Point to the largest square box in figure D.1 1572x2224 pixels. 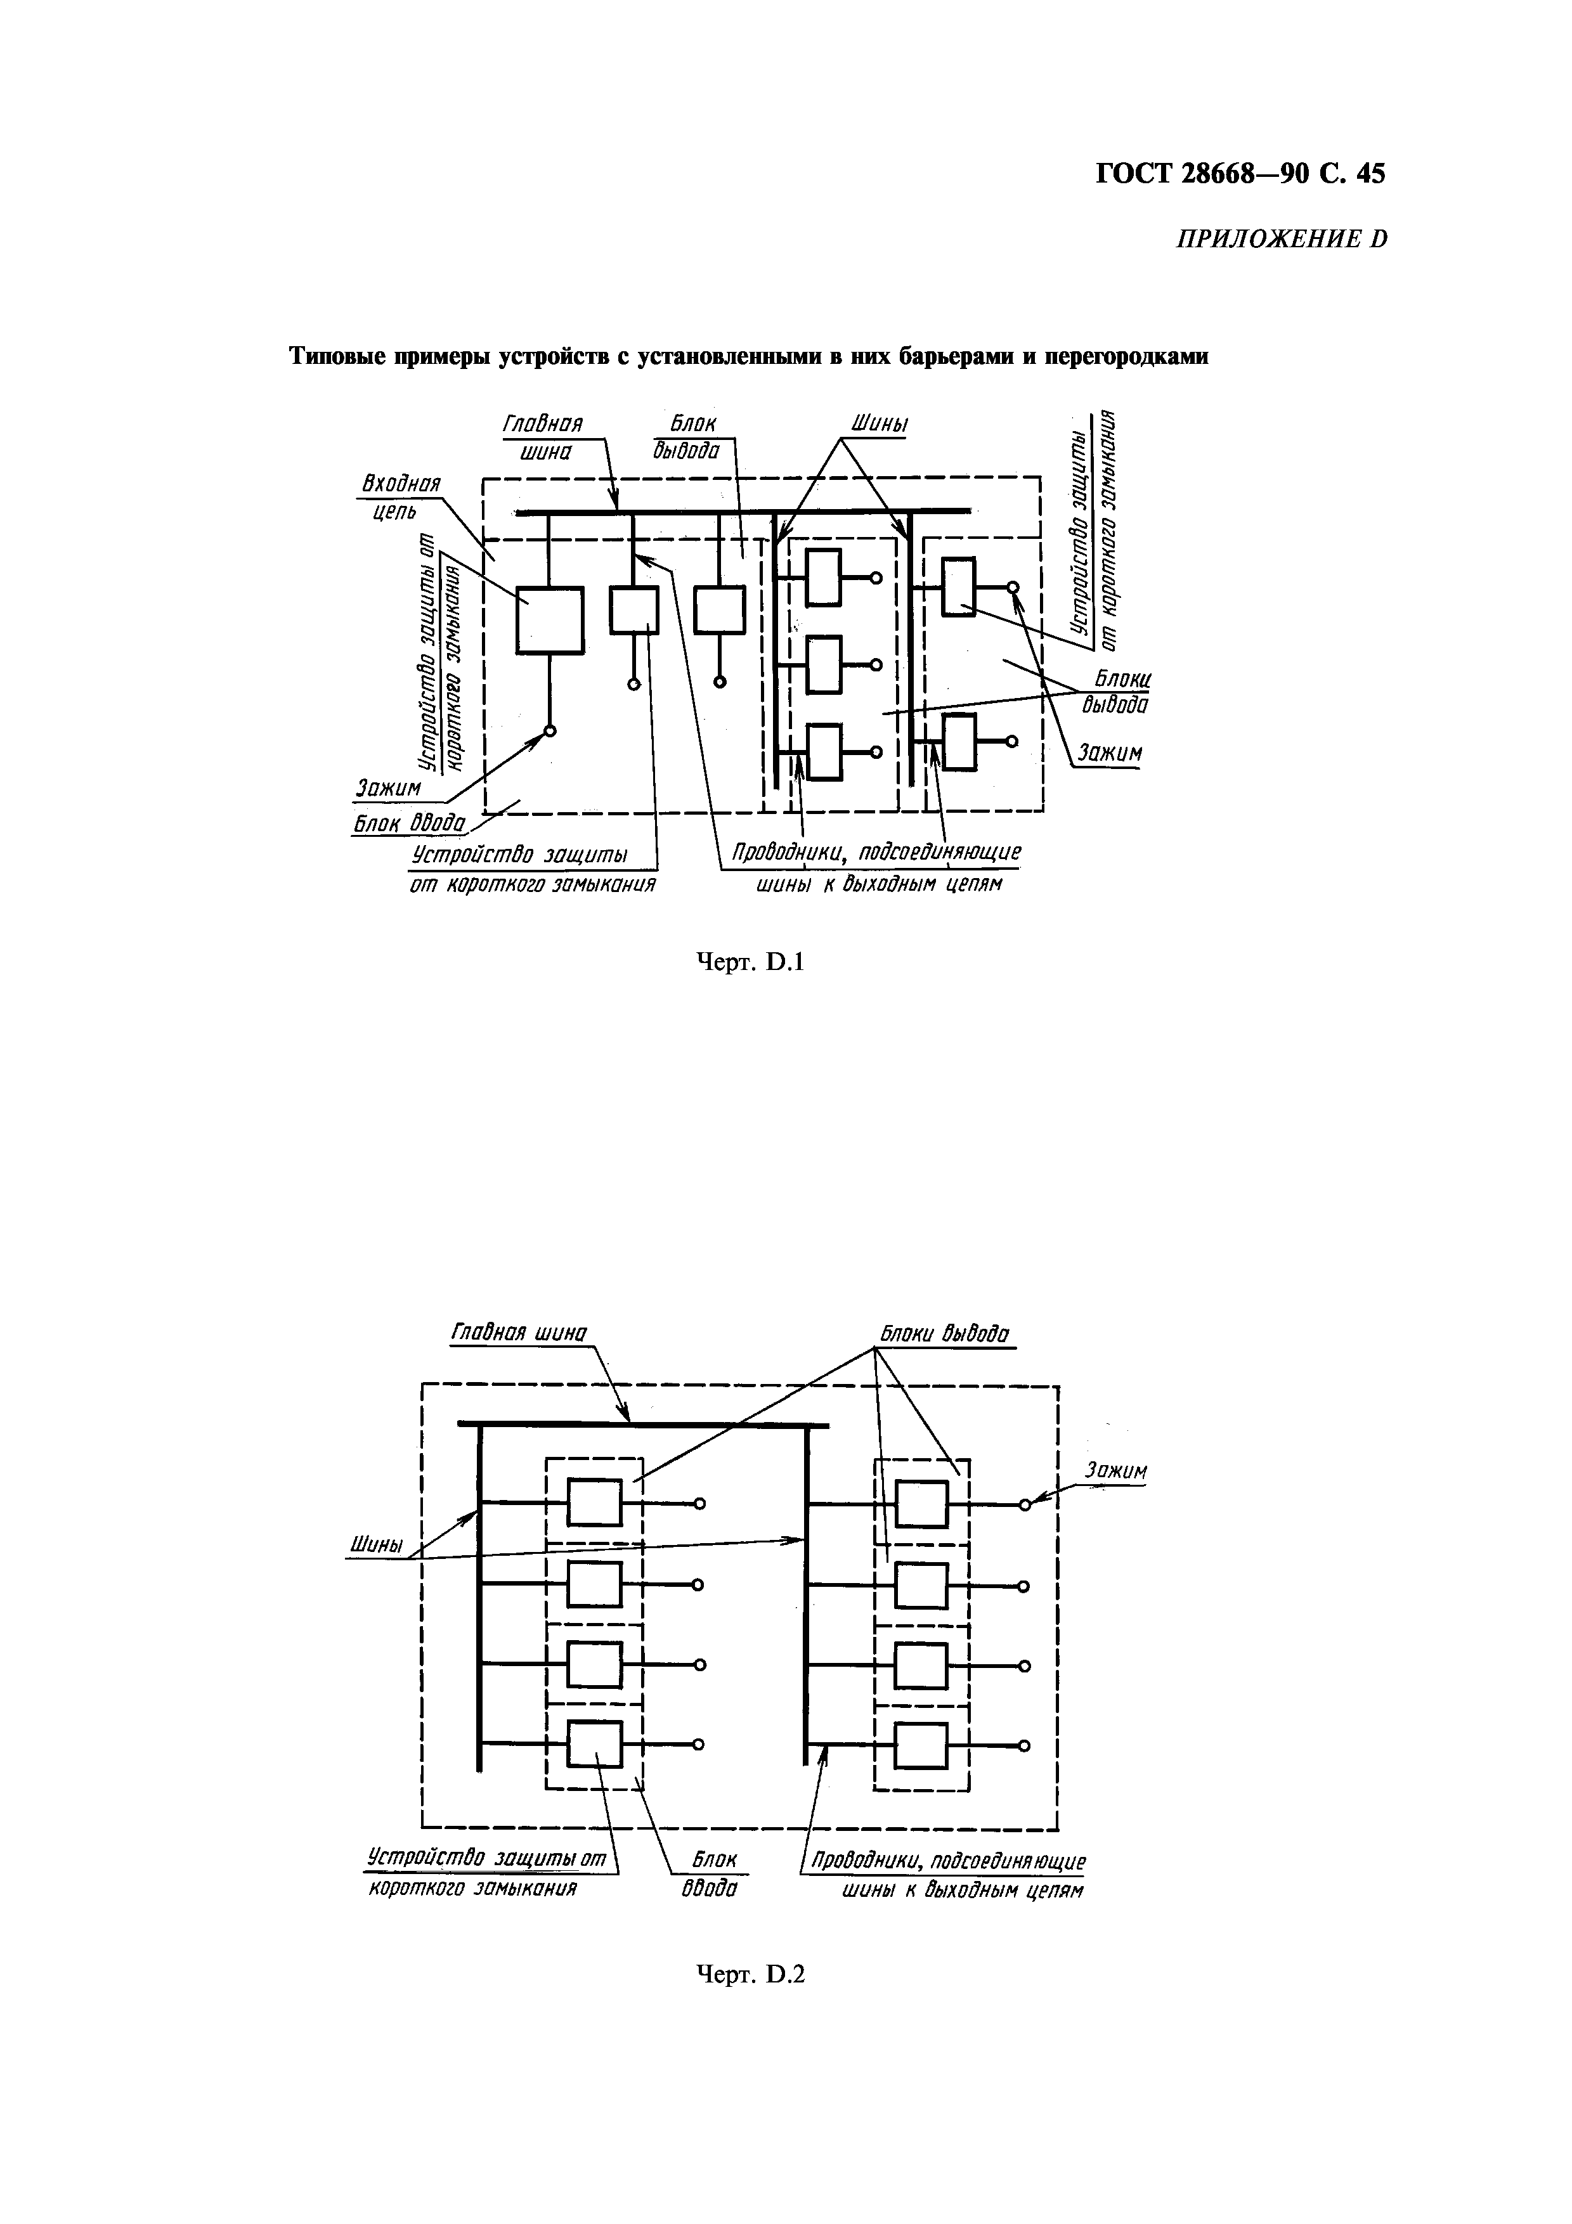(549, 620)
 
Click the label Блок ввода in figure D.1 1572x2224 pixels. (409, 824)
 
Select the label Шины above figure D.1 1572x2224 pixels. (878, 425)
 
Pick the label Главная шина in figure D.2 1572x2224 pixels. (519, 1334)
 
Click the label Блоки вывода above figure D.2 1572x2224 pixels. (944, 1334)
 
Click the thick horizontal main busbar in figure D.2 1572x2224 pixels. (643, 1424)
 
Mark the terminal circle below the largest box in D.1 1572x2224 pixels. (549, 732)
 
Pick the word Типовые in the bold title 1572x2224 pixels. (332, 358)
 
